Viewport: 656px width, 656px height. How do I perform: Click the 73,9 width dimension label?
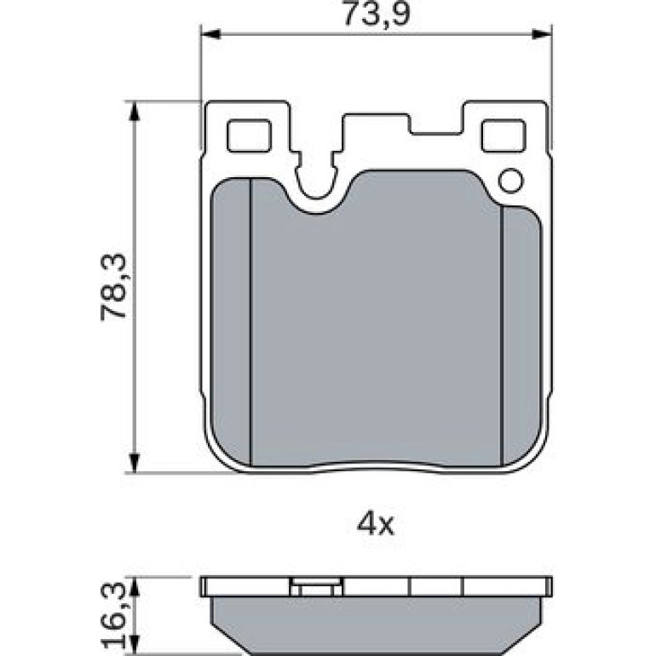pyautogui.click(x=375, y=14)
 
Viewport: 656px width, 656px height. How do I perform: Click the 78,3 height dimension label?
pyautogui.click(x=113, y=286)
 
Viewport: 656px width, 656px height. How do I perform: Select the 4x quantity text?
pyautogui.click(x=375, y=525)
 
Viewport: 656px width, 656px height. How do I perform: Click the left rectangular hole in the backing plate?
pyautogui.click(x=249, y=135)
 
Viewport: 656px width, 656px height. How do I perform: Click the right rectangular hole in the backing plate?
pyautogui.click(x=503, y=135)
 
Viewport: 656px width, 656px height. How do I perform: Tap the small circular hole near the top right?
pyautogui.click(x=510, y=181)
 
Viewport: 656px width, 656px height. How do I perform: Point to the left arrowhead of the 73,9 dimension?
pyautogui.click(x=211, y=34)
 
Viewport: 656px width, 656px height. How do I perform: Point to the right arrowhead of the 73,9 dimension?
pyautogui.click(x=542, y=34)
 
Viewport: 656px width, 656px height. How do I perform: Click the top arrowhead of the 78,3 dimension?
pyautogui.click(x=134, y=111)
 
